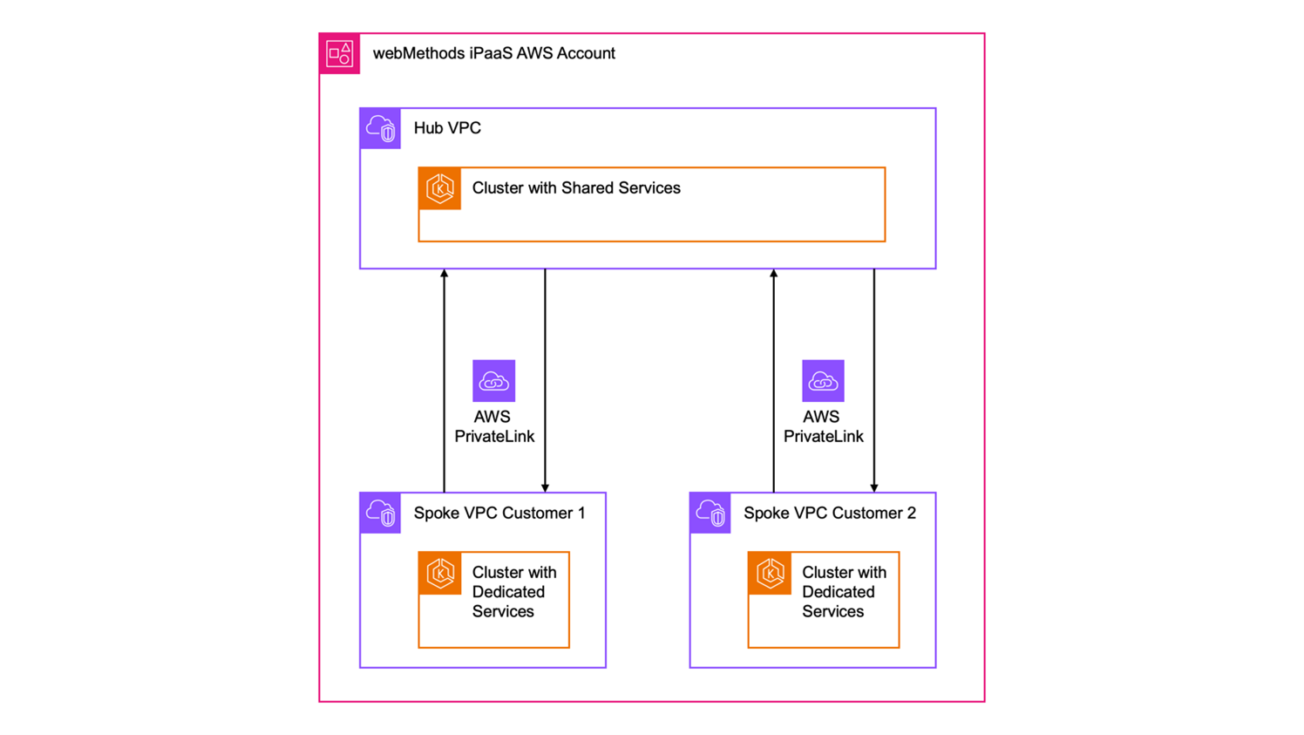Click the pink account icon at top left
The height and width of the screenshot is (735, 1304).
(x=339, y=53)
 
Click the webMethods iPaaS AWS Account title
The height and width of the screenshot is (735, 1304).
(x=493, y=53)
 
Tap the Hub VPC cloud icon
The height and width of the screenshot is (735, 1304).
(x=380, y=128)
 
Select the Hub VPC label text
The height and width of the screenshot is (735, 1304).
(x=447, y=128)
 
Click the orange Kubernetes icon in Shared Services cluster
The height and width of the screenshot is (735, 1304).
(x=439, y=188)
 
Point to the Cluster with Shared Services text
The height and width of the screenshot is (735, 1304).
(x=576, y=188)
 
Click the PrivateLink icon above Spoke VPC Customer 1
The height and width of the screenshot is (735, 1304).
(x=493, y=381)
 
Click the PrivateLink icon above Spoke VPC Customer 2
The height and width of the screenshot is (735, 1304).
(x=823, y=381)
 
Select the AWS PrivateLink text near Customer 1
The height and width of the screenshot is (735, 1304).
(x=493, y=426)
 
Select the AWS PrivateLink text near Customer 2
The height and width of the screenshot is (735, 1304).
(x=823, y=426)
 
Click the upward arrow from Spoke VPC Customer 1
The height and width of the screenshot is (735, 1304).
(x=445, y=381)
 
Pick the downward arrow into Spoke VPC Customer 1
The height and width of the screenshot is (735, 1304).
(x=545, y=381)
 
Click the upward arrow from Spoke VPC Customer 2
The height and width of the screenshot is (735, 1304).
(x=773, y=381)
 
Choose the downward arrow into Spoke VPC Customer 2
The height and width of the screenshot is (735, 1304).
(x=874, y=381)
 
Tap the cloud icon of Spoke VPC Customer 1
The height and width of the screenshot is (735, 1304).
(x=380, y=513)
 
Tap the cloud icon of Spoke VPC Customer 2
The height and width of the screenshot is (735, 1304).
(x=710, y=513)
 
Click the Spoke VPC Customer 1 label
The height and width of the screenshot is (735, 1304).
(x=499, y=513)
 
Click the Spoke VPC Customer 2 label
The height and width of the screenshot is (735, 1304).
(x=829, y=513)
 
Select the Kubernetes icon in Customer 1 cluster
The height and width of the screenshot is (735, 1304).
(x=439, y=573)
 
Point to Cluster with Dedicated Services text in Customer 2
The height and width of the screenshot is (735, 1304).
(x=843, y=592)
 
